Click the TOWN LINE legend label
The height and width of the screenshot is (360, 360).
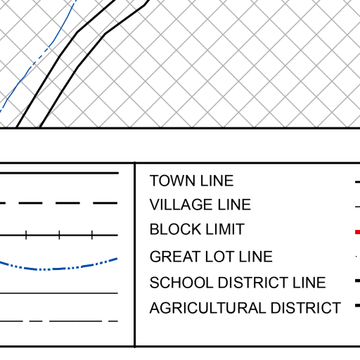click(191, 181)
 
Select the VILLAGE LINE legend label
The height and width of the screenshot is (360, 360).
click(200, 205)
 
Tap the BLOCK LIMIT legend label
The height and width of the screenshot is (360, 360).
click(197, 229)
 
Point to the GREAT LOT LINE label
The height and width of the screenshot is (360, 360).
click(211, 257)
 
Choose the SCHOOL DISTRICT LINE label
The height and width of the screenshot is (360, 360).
click(238, 282)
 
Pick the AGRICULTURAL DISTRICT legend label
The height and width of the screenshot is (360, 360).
click(245, 308)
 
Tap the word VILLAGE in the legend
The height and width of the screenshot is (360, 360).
click(181, 205)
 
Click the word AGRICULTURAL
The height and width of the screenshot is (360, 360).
click(208, 308)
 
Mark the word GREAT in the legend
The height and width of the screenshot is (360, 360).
click(175, 257)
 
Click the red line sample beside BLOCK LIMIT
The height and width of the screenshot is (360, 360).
click(358, 232)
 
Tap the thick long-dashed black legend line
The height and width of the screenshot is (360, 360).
click(58, 203)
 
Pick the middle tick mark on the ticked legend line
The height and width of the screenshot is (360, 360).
click(59, 235)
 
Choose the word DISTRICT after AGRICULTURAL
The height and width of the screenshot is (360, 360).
click(306, 308)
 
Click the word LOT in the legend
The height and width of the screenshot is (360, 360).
click(219, 257)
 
